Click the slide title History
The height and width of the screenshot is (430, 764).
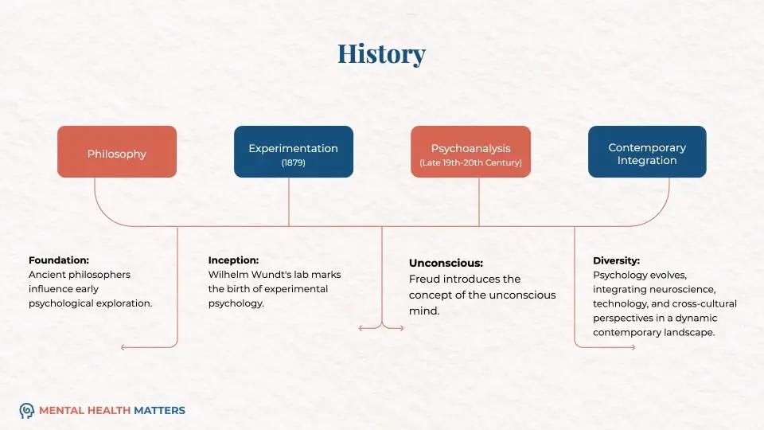(x=381, y=54)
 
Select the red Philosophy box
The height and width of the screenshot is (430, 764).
(x=117, y=152)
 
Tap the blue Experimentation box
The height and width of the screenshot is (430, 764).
(x=293, y=152)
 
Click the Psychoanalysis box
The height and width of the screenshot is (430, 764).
(x=470, y=152)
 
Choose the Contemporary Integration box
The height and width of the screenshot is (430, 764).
(x=646, y=152)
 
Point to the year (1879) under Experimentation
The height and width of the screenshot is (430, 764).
(x=293, y=162)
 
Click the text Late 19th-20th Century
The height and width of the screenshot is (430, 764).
(x=470, y=163)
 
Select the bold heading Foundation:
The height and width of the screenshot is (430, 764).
(x=59, y=260)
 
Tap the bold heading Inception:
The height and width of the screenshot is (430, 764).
(x=233, y=260)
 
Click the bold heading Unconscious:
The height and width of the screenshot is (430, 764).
(x=446, y=263)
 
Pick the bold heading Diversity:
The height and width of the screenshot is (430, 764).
(x=616, y=260)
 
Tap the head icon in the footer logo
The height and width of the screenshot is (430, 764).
(x=27, y=411)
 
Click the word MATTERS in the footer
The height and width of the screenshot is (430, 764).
(x=159, y=411)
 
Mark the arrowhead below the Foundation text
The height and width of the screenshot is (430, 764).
(x=123, y=347)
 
